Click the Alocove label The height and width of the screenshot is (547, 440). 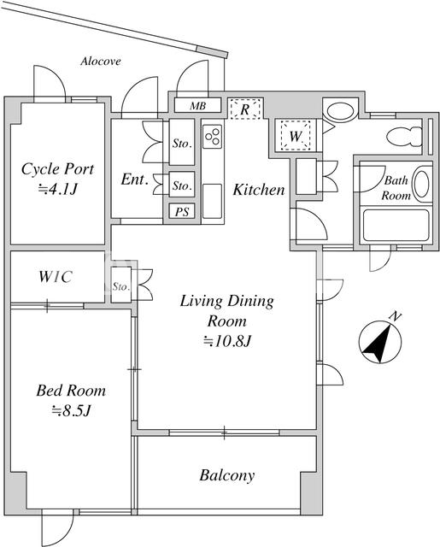[x=101, y=62]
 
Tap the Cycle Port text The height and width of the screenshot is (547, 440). [x=57, y=169]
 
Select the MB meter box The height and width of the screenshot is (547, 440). [x=197, y=105]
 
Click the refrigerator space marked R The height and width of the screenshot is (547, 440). [x=245, y=109]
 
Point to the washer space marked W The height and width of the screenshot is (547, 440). [x=296, y=135]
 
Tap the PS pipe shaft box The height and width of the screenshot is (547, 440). [x=182, y=211]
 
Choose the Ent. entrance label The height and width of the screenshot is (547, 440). [x=135, y=179]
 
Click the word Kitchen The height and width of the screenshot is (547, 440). [x=259, y=190]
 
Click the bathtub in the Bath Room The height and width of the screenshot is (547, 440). [x=396, y=226]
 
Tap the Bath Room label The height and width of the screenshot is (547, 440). [x=396, y=188]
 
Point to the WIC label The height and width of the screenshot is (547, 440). [x=56, y=277]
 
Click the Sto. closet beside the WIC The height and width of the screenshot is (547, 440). [x=121, y=285]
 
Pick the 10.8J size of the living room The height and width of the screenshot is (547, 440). [x=227, y=341]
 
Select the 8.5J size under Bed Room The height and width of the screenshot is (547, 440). [x=72, y=410]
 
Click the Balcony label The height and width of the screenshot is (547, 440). [x=227, y=475]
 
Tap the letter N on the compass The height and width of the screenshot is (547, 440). [x=395, y=316]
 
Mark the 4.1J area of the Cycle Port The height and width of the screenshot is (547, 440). [x=57, y=189]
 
